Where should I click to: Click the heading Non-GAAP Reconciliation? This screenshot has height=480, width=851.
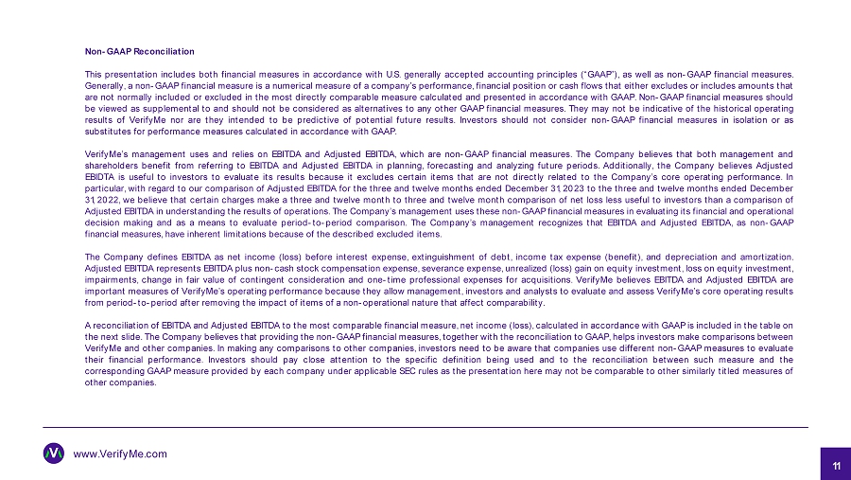pos(139,50)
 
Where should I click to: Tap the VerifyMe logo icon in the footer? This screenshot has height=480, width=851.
pos(54,453)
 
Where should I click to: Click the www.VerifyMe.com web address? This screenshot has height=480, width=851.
pos(120,453)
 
